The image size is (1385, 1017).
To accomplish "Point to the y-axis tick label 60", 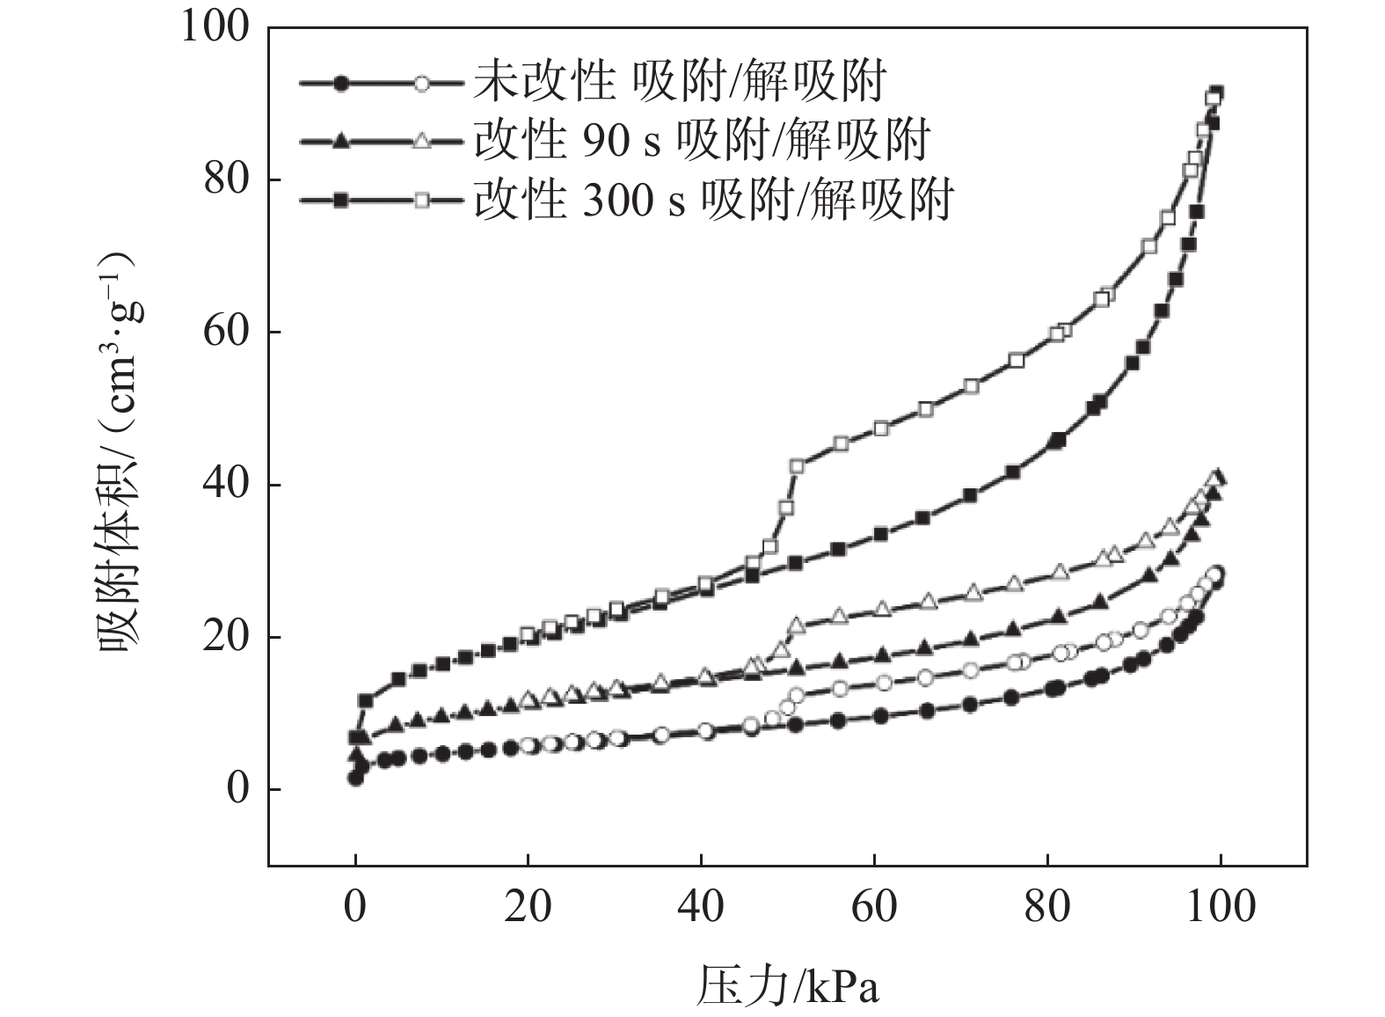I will (x=226, y=333).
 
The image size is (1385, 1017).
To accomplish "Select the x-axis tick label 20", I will (x=528, y=906).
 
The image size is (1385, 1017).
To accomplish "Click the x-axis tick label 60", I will (x=874, y=906).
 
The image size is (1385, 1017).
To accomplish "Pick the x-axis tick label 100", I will (x=1221, y=906).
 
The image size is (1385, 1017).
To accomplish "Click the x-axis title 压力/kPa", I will (x=788, y=986).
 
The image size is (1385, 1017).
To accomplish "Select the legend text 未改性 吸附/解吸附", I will (x=679, y=83).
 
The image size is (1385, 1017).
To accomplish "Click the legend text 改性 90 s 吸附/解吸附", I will (x=701, y=141).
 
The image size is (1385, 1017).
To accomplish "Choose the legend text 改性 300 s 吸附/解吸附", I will (x=713, y=200).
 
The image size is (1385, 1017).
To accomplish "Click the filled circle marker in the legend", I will (x=342, y=84).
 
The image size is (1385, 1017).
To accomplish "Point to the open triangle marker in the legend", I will (x=422, y=142).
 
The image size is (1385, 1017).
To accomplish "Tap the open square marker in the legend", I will (x=422, y=201).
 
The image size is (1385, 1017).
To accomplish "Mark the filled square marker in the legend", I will (x=342, y=201).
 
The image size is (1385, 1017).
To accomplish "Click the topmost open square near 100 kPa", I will (x=1215, y=94).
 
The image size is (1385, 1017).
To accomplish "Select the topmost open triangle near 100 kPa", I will (x=1217, y=477).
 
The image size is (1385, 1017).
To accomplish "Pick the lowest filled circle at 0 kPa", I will (x=355, y=778).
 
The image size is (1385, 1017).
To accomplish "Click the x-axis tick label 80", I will (x=1047, y=906).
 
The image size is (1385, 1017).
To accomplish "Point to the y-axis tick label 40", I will (x=226, y=485).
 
